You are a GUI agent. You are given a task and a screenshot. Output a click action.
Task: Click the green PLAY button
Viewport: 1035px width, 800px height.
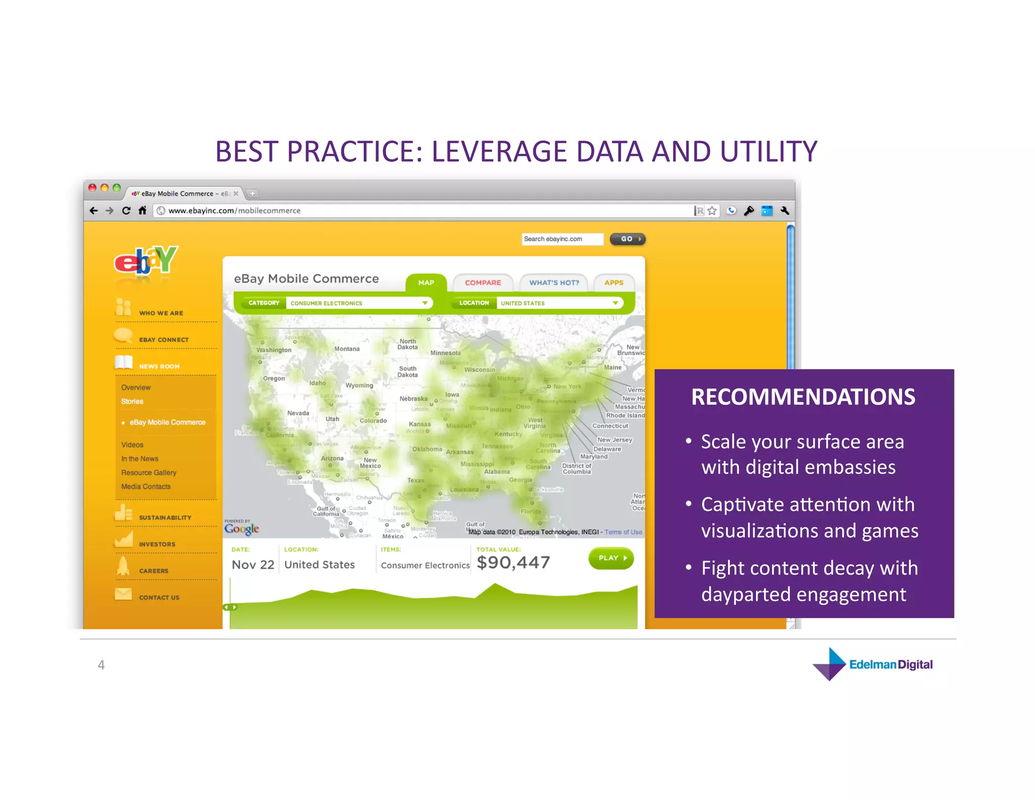611,558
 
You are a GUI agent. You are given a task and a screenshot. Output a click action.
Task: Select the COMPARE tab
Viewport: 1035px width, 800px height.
483,283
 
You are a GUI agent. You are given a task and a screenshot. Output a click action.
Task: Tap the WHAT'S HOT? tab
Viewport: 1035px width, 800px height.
554,283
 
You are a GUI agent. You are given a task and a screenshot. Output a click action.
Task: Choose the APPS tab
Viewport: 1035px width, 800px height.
614,283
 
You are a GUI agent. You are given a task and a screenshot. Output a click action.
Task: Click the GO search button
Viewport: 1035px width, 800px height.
628,239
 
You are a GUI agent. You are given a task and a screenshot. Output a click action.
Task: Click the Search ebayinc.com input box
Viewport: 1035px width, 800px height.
562,239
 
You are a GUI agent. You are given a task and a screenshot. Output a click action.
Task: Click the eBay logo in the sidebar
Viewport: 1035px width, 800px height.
146,260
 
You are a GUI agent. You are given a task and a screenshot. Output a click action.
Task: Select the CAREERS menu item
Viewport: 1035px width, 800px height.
154,571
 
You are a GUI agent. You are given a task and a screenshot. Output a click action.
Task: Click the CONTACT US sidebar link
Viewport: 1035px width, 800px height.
159,597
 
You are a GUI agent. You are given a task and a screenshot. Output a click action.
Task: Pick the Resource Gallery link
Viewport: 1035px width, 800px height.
149,472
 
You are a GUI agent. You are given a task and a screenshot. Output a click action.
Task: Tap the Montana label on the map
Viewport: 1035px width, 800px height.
347,349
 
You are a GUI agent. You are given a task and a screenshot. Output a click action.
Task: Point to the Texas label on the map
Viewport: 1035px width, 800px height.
415,480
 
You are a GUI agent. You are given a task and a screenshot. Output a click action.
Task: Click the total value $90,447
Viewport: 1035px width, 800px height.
513,562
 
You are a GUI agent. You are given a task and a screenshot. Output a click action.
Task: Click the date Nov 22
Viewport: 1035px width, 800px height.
253,564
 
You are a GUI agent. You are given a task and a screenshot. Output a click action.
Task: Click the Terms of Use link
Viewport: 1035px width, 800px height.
623,532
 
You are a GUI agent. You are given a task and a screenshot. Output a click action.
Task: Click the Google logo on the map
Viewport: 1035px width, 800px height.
242,529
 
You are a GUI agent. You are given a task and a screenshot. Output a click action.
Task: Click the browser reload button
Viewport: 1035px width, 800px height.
126,210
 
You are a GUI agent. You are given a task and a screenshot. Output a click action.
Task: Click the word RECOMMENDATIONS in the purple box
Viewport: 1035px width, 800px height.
803,396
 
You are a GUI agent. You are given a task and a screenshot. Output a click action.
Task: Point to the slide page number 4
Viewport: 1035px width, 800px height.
101,664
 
